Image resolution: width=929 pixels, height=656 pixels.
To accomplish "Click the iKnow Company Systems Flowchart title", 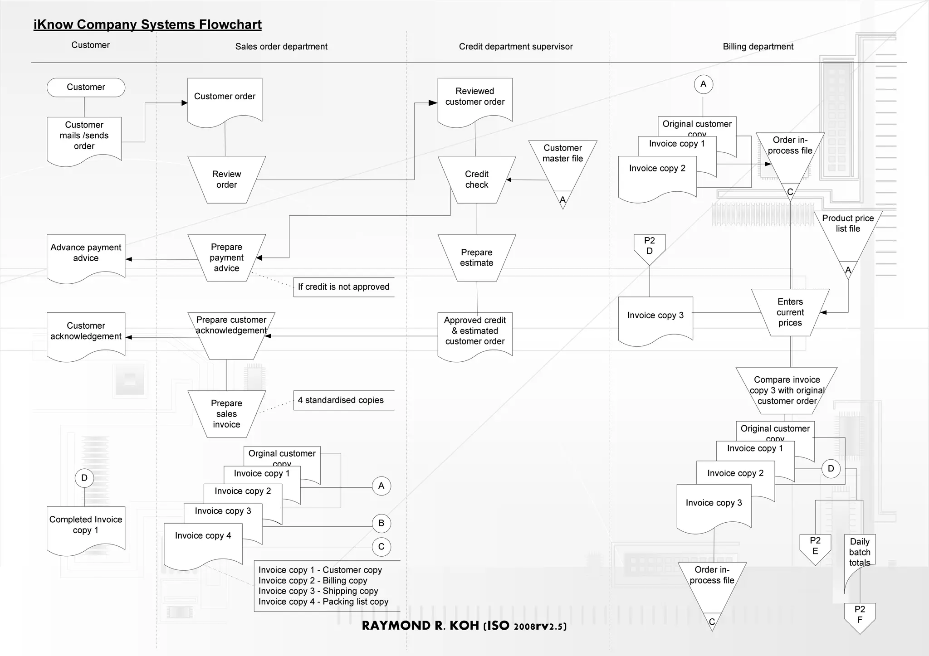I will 147,24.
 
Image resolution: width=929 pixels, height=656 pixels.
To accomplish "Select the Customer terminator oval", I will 86,87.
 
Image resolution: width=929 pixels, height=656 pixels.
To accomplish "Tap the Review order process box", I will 226,180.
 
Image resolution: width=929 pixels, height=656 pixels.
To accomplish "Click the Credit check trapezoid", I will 476,180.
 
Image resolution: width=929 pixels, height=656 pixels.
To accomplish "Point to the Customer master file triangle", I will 562,159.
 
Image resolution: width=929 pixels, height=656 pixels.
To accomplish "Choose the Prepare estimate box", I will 476,258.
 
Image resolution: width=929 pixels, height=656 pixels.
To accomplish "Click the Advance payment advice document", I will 86,254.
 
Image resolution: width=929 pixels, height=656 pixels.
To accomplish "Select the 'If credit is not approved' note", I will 343,287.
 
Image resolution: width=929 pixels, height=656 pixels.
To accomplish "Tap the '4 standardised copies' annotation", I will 341,400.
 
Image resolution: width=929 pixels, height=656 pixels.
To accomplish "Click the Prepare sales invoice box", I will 226,414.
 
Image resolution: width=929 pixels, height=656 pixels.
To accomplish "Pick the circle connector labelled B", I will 381,523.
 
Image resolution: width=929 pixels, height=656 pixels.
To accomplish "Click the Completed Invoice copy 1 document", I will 86,526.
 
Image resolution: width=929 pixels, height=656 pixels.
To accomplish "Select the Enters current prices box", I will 790,312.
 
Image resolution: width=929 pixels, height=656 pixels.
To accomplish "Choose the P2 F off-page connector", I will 860,616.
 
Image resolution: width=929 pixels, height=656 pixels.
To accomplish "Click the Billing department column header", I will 758,47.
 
